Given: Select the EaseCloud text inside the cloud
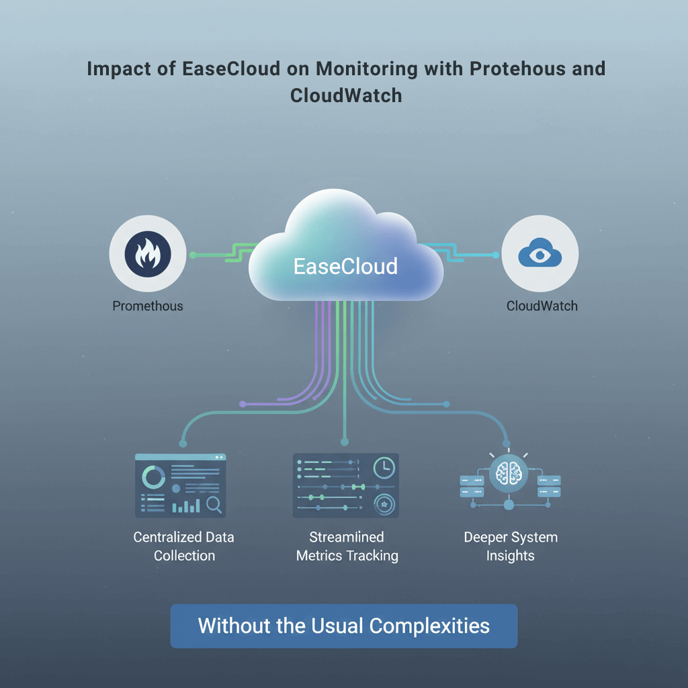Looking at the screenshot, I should pyautogui.click(x=345, y=266).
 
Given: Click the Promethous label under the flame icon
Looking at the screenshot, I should pyautogui.click(x=147, y=306).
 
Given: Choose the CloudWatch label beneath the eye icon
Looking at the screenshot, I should pyautogui.click(x=542, y=306).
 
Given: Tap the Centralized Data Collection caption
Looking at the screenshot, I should pyautogui.click(x=183, y=546).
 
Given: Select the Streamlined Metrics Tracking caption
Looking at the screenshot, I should pyautogui.click(x=347, y=546).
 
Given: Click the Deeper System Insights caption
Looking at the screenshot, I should pyautogui.click(x=511, y=546).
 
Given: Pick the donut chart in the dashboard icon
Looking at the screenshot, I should pyautogui.click(x=154, y=477).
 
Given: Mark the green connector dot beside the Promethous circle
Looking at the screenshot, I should pyautogui.click(x=193, y=255).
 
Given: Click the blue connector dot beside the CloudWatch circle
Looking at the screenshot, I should pyautogui.click(x=496, y=255).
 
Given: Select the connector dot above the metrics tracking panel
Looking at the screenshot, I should pyautogui.click(x=345, y=442).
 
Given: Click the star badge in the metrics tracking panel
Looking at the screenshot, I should pyautogui.click(x=384, y=503).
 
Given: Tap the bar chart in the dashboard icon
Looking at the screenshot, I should pyautogui.click(x=186, y=505).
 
